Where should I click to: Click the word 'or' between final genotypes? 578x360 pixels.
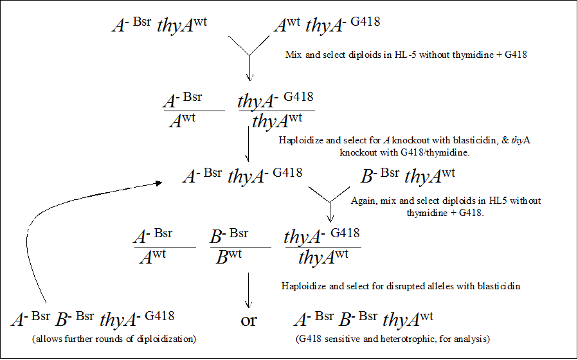249,320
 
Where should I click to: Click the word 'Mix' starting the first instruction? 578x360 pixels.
293,55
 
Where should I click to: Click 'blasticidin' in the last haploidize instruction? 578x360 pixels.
498,285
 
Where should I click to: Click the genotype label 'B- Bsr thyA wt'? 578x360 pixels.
409,175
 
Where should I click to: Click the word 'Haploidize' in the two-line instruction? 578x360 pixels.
300,139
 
